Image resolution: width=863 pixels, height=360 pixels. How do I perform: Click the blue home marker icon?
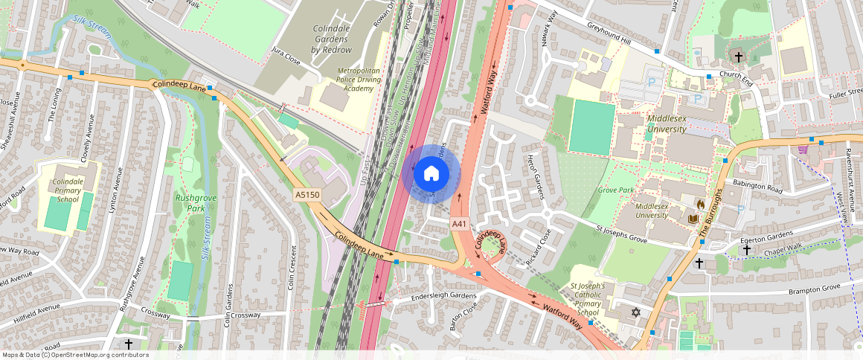[x=431, y=174]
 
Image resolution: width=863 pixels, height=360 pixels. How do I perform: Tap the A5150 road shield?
[x=307, y=195]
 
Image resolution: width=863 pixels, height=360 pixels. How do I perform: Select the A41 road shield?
[x=459, y=223]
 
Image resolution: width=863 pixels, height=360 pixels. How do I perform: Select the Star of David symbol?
[x=636, y=312]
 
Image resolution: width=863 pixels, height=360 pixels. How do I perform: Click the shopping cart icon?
[x=803, y=149]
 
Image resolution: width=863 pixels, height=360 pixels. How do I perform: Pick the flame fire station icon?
[x=699, y=202]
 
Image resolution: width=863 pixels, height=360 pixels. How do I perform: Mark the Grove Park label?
[x=615, y=190]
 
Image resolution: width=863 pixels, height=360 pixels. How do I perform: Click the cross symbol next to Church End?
[x=739, y=57]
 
